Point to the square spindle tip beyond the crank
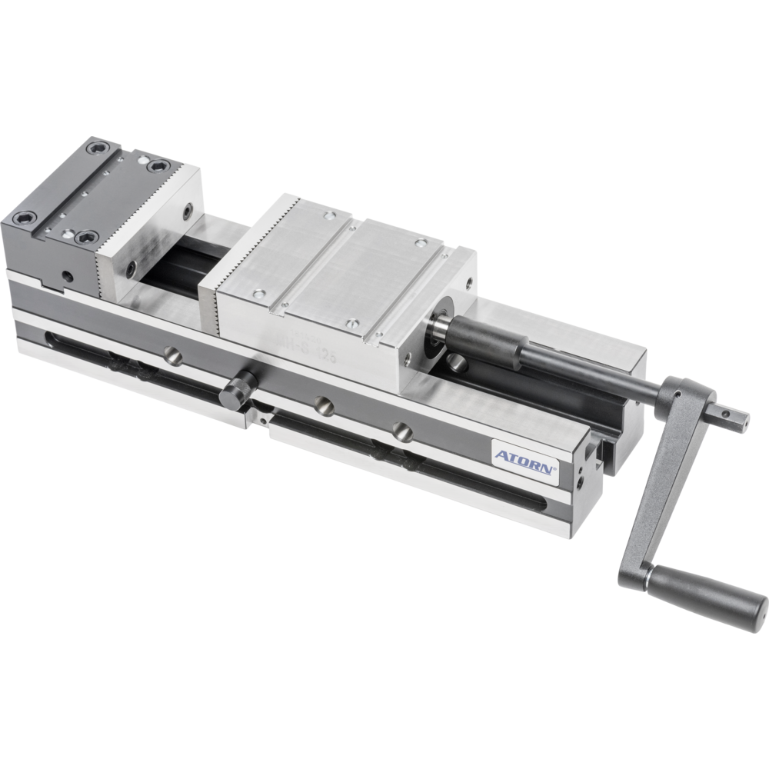tap(734, 418)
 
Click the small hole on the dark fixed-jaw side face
tap(68, 274)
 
